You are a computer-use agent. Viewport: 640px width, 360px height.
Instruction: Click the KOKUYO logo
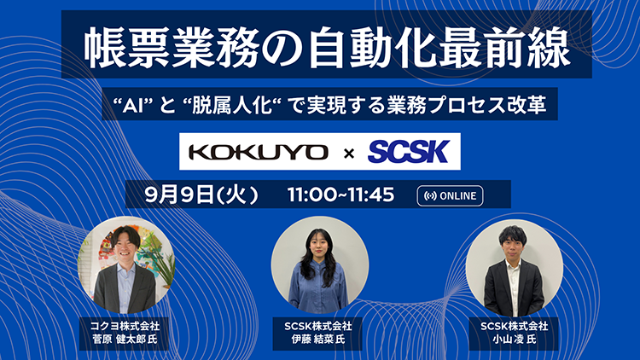coord(259,152)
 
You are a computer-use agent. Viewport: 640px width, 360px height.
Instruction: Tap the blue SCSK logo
coord(408,152)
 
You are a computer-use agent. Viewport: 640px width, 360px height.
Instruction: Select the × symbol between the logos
coord(349,154)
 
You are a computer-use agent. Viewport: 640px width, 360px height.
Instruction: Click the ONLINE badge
coord(450,196)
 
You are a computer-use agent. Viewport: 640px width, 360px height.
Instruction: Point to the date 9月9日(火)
coord(201,195)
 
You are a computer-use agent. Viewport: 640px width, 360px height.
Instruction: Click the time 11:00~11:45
coord(340,195)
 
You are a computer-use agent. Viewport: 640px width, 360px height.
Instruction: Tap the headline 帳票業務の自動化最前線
coord(327,48)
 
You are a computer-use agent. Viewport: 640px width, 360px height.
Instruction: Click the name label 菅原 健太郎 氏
coord(125,340)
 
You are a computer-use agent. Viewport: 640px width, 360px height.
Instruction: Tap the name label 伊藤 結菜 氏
coord(318,340)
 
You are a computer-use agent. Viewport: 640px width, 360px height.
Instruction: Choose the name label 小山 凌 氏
coord(514,340)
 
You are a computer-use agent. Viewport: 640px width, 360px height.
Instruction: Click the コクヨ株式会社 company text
coord(125,326)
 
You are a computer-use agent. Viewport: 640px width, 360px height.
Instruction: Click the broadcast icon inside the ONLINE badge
coord(430,196)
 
